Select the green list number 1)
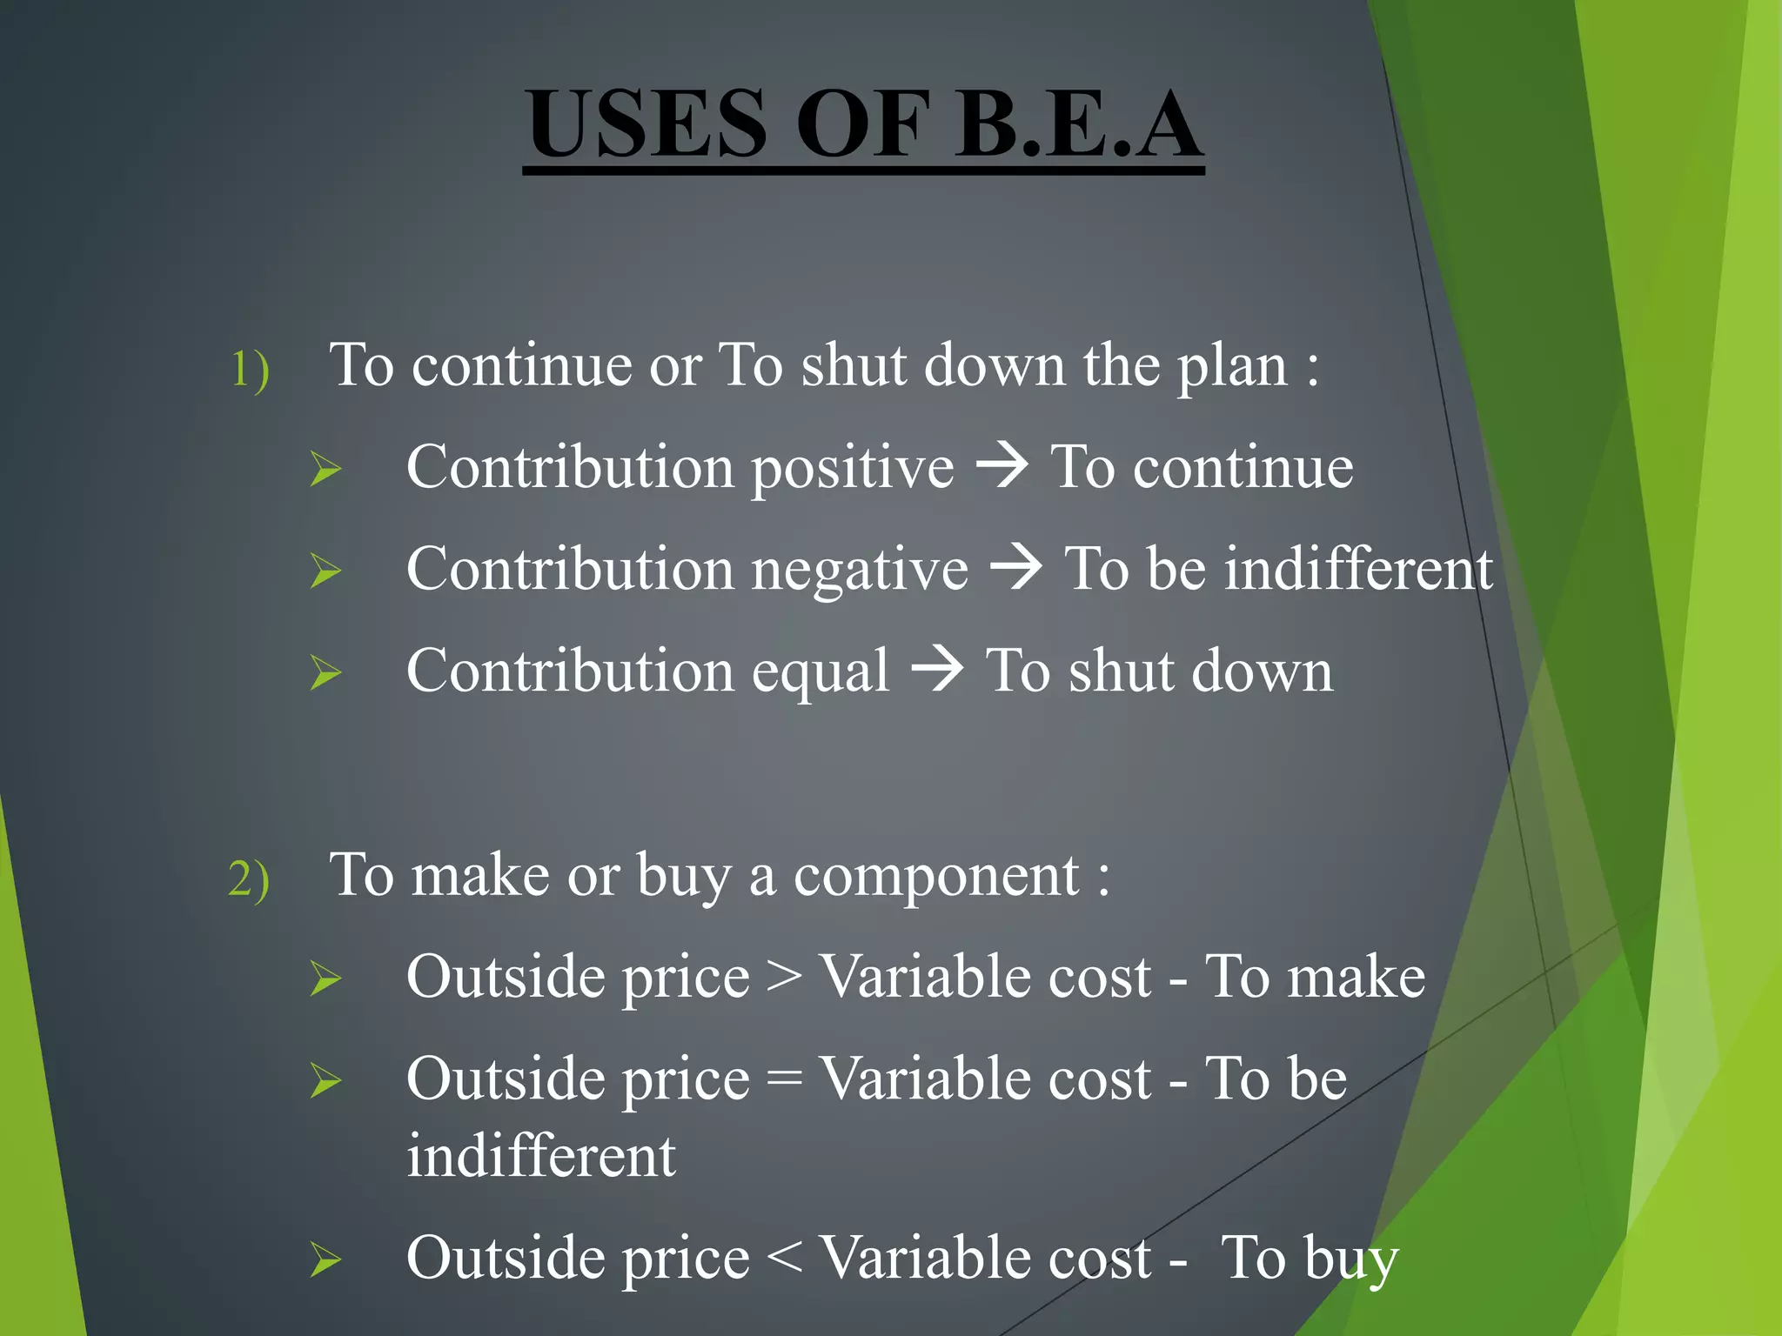[250, 369]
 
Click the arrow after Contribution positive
[1002, 466]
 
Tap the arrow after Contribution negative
[1016, 568]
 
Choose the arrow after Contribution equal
[937, 670]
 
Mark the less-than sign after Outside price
[785, 1259]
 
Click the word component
[936, 877]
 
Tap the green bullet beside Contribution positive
[325, 470]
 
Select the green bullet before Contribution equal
[325, 673]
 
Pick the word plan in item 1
[1232, 367]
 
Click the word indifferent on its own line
[541, 1157]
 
